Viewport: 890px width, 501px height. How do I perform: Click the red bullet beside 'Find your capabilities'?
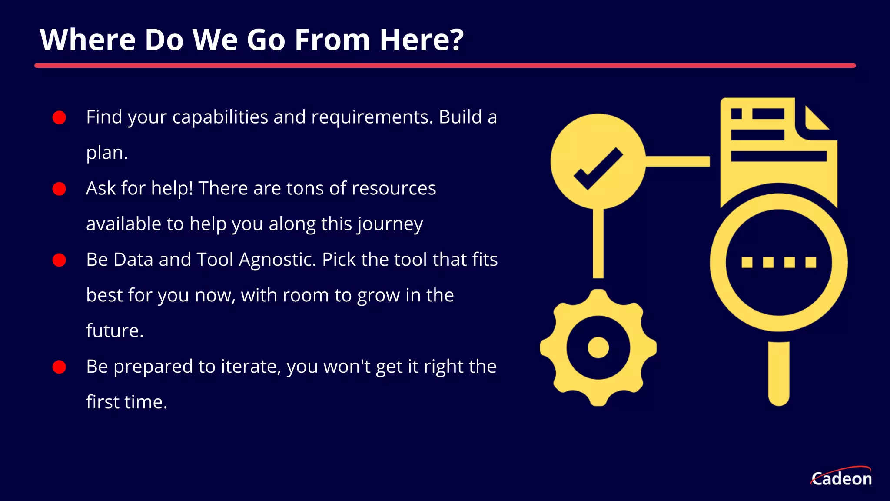[59, 117]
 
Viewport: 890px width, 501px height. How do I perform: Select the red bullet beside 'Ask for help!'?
[59, 189]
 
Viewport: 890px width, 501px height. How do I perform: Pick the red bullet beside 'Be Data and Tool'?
[59, 260]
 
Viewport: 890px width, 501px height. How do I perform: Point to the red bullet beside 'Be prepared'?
[59, 367]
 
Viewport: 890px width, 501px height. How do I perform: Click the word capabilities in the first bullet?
[220, 117]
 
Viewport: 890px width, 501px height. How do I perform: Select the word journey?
[390, 224]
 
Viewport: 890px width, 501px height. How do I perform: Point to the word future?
[114, 331]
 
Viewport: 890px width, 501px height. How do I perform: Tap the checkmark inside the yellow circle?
[598, 168]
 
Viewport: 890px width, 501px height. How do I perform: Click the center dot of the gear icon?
[598, 347]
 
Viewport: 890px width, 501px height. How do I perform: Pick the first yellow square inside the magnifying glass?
[747, 262]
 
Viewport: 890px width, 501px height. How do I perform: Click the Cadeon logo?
[841, 478]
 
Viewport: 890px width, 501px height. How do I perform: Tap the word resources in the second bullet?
[393, 189]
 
